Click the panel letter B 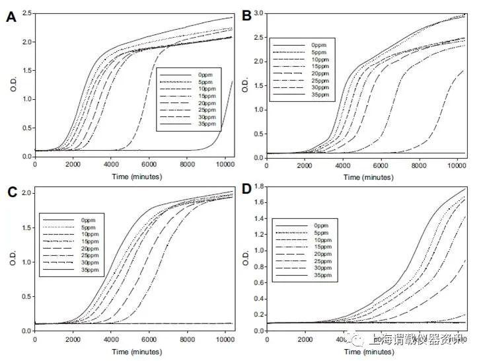(x=247, y=15)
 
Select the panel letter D (x=247, y=192)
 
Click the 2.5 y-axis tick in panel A (x=24, y=13)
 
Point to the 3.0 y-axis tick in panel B (x=260, y=13)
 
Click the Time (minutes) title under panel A (x=132, y=175)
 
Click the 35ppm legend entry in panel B (x=325, y=97)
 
